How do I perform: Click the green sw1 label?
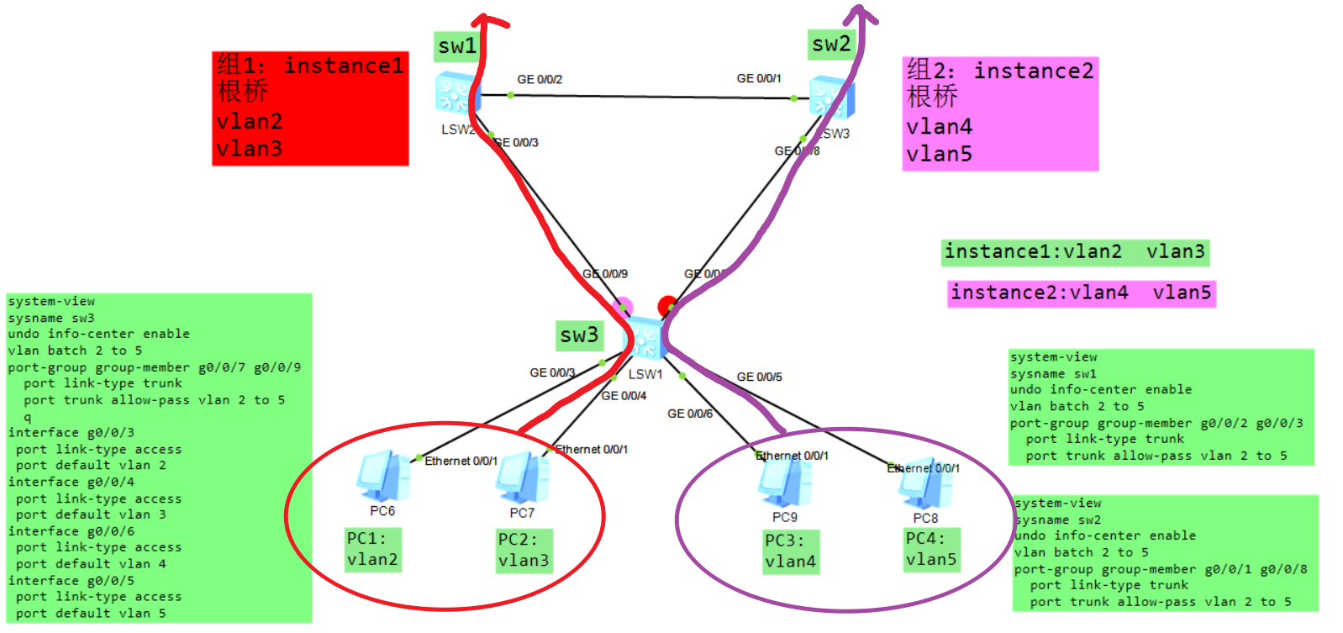tap(457, 46)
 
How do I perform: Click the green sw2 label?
tap(831, 44)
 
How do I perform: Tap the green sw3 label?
tap(579, 335)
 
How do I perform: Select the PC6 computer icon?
tap(382, 477)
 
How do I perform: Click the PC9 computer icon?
tap(785, 483)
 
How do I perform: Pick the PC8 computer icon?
tap(924, 485)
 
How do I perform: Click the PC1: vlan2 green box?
tap(372, 550)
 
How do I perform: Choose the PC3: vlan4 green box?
tap(790, 551)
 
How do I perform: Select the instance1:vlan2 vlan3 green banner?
tap(1074, 252)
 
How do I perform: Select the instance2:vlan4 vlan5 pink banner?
tap(1081, 293)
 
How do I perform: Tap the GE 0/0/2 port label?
tap(540, 80)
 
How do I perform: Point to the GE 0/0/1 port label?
tap(759, 79)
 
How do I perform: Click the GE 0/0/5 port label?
tap(759, 377)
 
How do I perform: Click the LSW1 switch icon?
tap(645, 339)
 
